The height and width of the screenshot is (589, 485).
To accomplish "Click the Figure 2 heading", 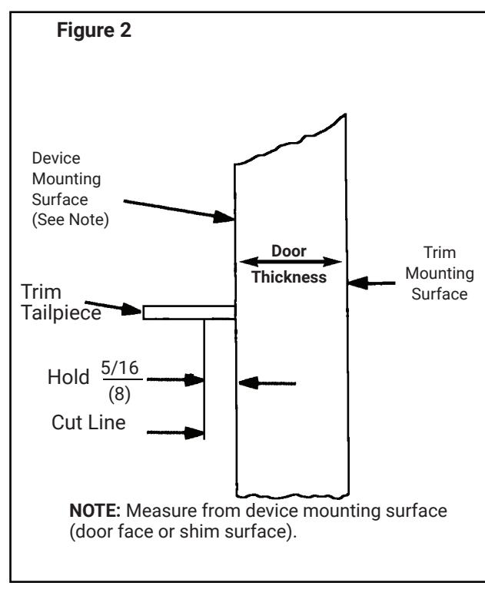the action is tap(94, 30).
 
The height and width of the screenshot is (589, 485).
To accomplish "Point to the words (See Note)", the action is tap(70, 220).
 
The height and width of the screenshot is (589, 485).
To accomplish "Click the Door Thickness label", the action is tap(289, 264).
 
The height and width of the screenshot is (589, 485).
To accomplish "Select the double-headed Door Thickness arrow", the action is tap(291, 261).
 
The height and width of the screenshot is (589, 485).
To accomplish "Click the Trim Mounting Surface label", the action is tap(440, 273).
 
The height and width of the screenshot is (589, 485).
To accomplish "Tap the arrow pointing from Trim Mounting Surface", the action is tap(371, 283).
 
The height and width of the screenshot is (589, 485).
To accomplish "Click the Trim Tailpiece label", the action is tap(61, 303).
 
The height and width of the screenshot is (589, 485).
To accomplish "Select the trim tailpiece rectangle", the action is tap(189, 313).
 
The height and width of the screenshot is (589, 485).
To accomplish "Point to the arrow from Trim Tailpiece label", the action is tap(113, 307).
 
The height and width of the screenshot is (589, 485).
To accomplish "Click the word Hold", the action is tap(68, 377).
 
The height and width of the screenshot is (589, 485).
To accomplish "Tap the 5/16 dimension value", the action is tap(120, 368).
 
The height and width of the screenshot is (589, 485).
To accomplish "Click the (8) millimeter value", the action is tap(120, 395).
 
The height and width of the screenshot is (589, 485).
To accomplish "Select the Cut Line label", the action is tap(88, 422).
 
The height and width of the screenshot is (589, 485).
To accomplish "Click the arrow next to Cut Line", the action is tap(175, 433).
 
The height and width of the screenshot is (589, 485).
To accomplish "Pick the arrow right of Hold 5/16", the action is tap(175, 380).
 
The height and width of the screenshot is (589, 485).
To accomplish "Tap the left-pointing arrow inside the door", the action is tap(267, 383).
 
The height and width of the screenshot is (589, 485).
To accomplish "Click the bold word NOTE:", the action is tap(95, 511).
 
